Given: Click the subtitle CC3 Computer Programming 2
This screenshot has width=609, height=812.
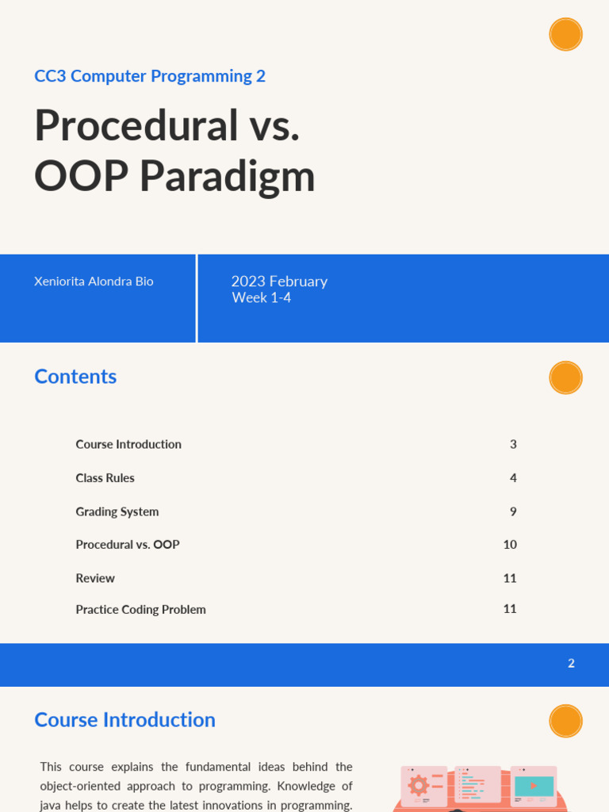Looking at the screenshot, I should point(150,76).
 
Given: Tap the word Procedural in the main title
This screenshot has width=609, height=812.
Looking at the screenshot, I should point(136,125).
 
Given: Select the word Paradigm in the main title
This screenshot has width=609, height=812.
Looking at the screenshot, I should point(228,176).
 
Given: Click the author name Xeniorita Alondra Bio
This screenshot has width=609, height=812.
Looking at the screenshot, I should point(94,282).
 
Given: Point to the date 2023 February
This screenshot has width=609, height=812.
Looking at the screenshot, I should point(279,282).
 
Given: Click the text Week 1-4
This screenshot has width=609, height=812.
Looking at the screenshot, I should point(261,298).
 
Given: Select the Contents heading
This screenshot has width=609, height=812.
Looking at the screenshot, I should point(75,377).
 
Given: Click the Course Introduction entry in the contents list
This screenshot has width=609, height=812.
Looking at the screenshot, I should point(128,444).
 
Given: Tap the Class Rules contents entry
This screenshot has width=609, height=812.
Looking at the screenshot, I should point(105,478).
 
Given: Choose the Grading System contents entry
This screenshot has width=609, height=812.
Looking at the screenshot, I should point(117,511).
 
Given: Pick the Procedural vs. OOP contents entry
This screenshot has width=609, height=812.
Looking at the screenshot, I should point(127,545).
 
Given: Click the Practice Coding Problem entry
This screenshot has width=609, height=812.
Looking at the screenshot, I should point(140,610).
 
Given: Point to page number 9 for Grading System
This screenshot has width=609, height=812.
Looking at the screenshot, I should point(513,511).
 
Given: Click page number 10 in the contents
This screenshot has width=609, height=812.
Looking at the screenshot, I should point(510,545).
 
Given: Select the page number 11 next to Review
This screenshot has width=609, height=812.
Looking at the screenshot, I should point(510,578).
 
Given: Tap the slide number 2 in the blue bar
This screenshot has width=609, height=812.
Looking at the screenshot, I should point(571,664).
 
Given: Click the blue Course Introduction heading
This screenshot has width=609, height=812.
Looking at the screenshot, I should point(124,720).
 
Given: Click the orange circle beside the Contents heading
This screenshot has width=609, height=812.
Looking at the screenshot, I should point(565,377).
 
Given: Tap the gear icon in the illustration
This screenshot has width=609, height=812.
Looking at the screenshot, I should point(418,785).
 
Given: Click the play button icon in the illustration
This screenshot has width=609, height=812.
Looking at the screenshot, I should point(534,786).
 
